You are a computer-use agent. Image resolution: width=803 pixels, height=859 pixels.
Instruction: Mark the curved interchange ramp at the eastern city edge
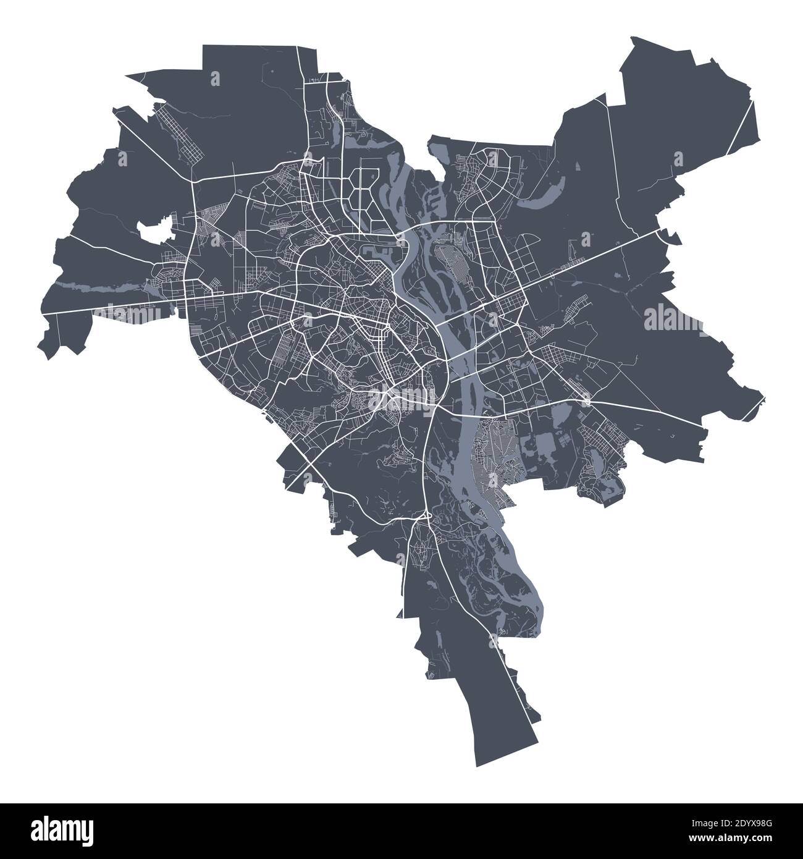tap(665, 234)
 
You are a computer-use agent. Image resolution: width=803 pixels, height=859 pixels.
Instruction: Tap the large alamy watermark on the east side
tap(673, 319)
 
